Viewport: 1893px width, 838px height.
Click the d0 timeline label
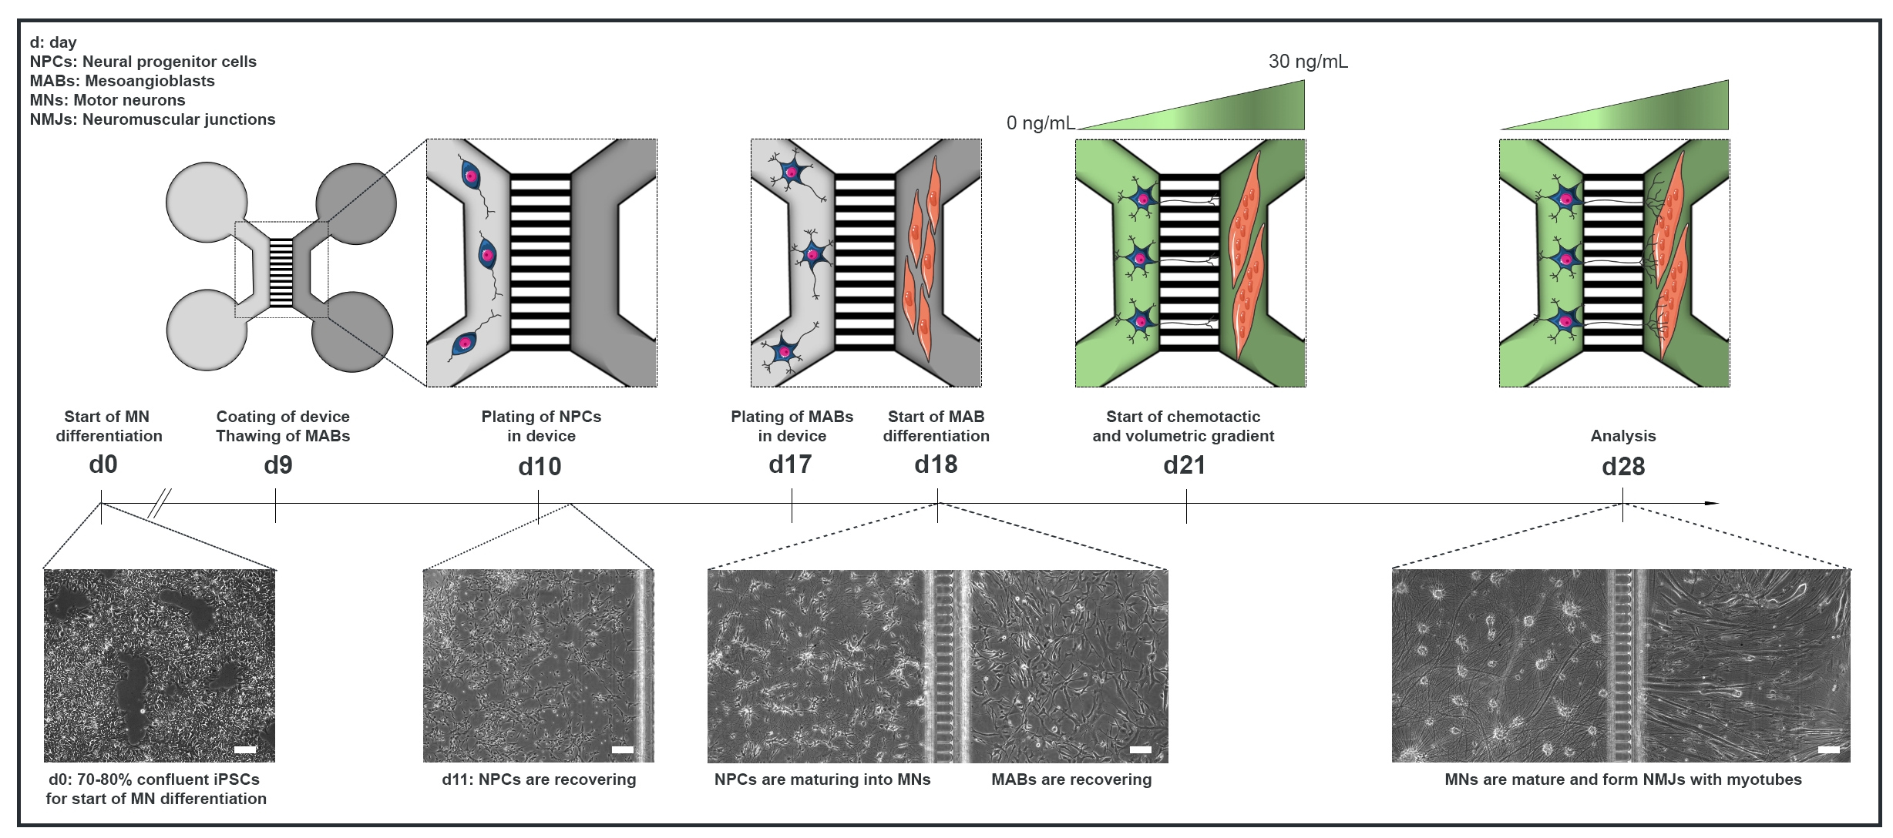[103, 464]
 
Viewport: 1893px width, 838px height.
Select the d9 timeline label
[278, 465]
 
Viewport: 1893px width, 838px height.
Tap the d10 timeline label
[540, 466]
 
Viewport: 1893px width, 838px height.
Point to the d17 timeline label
[790, 464]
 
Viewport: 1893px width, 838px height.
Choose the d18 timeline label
[936, 464]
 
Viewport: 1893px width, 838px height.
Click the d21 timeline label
[1184, 465]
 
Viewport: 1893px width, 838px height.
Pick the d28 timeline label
[1623, 466]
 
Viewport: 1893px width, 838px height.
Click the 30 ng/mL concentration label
[1308, 62]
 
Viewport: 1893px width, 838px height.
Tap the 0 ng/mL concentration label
[1040, 123]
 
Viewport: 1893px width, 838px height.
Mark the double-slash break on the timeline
[160, 504]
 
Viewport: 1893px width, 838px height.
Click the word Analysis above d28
[1623, 436]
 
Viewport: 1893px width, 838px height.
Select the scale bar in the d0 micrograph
[245, 749]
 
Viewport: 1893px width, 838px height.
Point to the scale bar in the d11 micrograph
[622, 749]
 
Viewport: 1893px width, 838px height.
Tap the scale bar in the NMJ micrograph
[1828, 749]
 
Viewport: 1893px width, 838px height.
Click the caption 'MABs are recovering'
[1071, 779]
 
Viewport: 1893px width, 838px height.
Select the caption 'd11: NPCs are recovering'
[539, 779]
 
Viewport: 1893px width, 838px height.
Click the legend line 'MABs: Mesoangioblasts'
[123, 81]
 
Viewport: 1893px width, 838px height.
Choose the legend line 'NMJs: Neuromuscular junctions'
[153, 119]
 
